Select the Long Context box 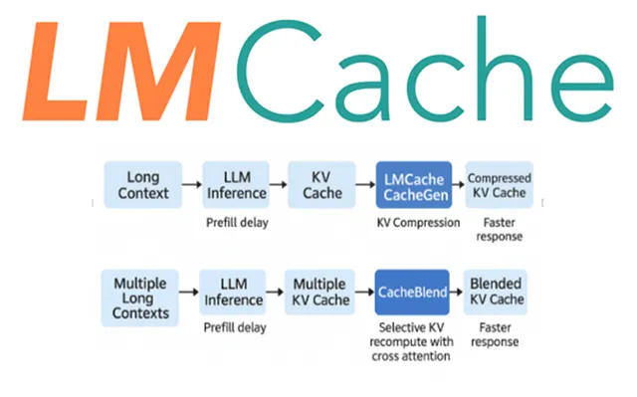pos(143,184)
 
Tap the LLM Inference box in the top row pos(236,184)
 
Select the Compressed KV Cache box pos(500,184)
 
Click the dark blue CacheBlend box pos(412,294)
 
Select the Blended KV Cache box pos(498,294)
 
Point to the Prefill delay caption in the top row pos(237,221)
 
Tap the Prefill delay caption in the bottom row pos(234,327)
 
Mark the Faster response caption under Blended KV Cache pos(498,335)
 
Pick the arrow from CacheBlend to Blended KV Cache pos(458,294)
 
